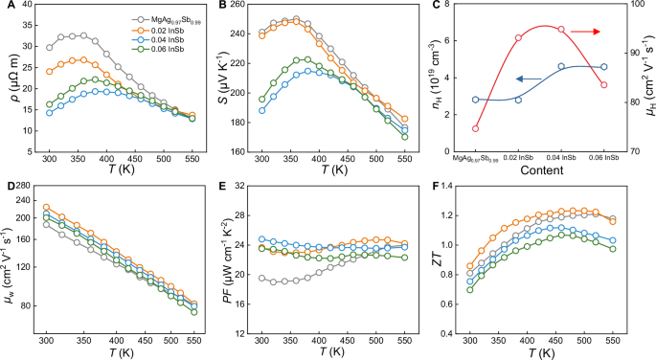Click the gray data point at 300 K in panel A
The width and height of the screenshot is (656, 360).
[x=49, y=47]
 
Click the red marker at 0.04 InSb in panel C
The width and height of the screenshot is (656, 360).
[x=561, y=30]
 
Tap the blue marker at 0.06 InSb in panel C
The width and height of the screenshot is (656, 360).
[x=603, y=67]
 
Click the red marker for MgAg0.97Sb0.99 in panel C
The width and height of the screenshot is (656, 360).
[x=475, y=128]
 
